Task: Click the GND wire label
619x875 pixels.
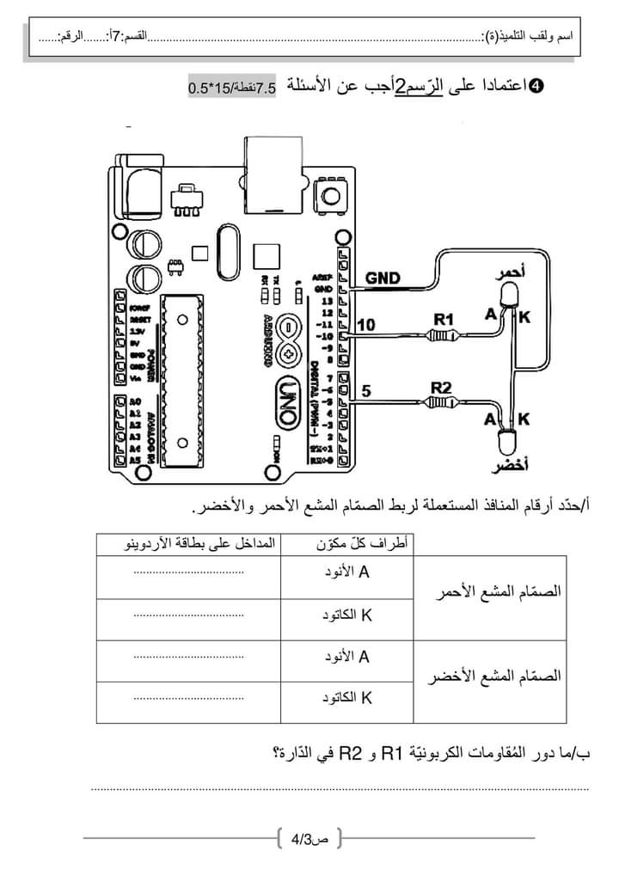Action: (383, 278)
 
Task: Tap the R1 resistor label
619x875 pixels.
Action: (443, 319)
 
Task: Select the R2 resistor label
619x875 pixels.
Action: (440, 387)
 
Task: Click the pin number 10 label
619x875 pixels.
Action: (366, 325)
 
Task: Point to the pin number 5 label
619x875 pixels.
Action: (366, 391)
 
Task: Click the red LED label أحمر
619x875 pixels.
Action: (510, 273)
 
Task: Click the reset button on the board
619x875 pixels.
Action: (331, 198)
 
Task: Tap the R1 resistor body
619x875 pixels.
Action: (444, 336)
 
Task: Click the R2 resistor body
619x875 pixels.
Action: (442, 402)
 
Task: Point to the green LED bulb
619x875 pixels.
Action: (507, 443)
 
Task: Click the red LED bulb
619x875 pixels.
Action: (508, 295)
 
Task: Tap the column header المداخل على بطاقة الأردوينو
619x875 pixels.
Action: (188, 544)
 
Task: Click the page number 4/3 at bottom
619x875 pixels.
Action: (309, 837)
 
